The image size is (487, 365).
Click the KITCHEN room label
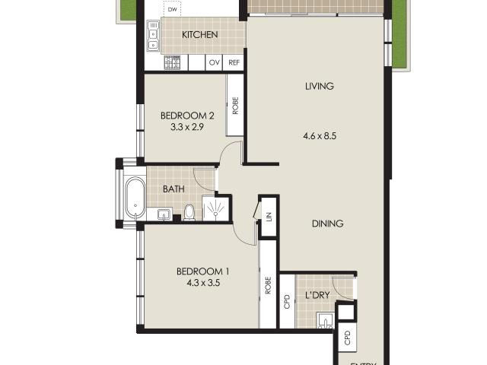coord(199,35)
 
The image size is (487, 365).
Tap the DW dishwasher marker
coord(173,11)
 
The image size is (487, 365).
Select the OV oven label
coord(214,63)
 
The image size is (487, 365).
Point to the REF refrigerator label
coord(234,63)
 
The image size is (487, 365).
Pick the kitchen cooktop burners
coord(173,62)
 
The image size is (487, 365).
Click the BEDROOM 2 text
coord(186,116)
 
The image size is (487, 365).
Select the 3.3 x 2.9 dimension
coord(186,128)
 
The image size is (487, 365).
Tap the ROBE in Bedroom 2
coord(235,105)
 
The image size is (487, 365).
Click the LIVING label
coord(319,86)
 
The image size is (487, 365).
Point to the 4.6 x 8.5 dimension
coord(319,137)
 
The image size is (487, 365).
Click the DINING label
coord(327,224)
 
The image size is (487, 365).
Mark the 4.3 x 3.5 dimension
coord(202,284)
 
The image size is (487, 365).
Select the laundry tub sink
coord(326,320)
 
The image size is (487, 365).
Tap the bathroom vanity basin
coord(164,214)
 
